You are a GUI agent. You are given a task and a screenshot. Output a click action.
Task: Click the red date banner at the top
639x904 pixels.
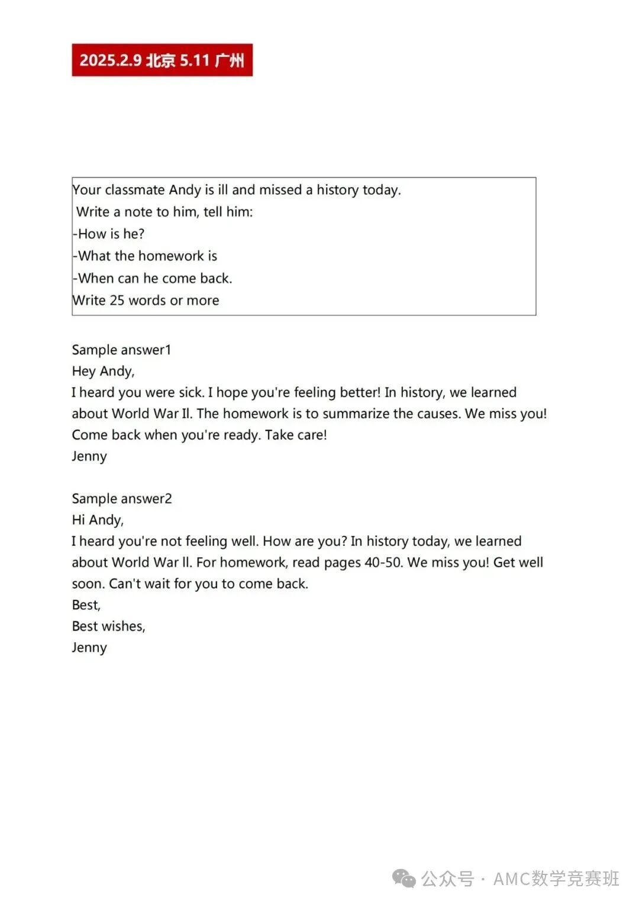point(162,60)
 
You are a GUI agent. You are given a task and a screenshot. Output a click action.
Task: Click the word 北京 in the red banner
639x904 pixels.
point(160,60)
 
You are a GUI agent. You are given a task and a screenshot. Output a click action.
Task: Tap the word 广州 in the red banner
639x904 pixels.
point(230,60)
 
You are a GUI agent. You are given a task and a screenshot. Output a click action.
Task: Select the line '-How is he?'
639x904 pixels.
point(109,234)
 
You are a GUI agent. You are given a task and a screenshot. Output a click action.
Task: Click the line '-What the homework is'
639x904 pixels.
point(146,256)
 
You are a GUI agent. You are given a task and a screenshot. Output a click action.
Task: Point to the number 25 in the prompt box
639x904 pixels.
point(117,300)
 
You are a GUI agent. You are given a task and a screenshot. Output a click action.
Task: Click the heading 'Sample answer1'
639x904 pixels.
point(121,350)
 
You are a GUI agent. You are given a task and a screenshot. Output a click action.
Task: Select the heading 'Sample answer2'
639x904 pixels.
point(122,498)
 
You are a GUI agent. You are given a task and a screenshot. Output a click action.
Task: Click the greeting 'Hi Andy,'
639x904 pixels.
point(98,520)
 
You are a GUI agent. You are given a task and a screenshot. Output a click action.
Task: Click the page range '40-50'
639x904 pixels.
point(383,562)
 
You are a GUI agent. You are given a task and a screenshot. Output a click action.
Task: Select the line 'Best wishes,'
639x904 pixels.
point(108,626)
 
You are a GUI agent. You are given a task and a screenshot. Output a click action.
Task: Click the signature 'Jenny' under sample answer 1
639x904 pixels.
point(89,456)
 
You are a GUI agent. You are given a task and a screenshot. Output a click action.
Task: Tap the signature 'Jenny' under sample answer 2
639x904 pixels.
point(89,648)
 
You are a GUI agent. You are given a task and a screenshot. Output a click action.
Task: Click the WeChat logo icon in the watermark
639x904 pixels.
point(405,879)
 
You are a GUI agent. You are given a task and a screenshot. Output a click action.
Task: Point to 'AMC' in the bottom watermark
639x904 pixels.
point(512,879)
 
